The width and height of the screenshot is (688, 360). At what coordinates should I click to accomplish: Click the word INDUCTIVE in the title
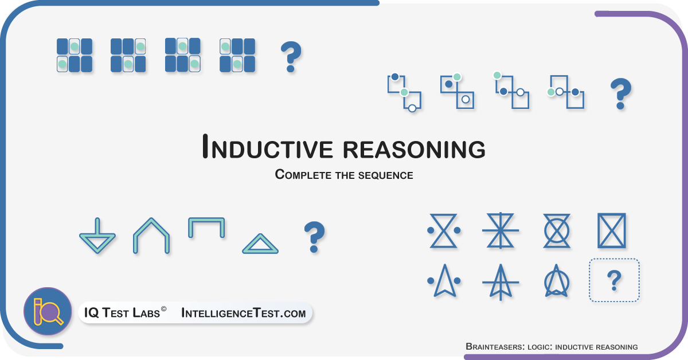click(x=268, y=147)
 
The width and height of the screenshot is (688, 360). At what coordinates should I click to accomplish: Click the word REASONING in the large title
click(x=414, y=150)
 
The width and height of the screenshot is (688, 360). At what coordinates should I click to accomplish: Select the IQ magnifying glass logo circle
click(x=48, y=311)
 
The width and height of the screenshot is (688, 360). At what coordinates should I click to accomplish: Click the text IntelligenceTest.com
click(x=244, y=313)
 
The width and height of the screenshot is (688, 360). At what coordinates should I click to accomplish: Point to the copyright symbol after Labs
click(x=164, y=309)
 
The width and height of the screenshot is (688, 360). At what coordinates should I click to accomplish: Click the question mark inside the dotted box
click(x=614, y=280)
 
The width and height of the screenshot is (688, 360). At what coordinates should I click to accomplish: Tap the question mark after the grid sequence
click(x=291, y=57)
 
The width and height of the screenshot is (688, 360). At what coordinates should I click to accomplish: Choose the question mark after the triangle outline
click(x=314, y=237)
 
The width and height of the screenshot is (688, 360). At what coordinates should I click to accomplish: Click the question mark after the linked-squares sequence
click(x=621, y=93)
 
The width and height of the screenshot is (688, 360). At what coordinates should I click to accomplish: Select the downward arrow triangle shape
click(x=97, y=236)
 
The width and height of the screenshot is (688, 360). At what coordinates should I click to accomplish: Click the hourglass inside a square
click(x=612, y=230)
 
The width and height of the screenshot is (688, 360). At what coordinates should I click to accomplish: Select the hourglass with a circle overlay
click(x=557, y=230)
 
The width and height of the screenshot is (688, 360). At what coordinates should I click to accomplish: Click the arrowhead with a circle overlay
click(x=557, y=281)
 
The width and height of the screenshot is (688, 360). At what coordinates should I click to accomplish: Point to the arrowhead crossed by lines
click(x=501, y=281)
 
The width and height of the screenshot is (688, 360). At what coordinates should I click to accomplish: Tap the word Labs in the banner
click(x=146, y=313)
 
